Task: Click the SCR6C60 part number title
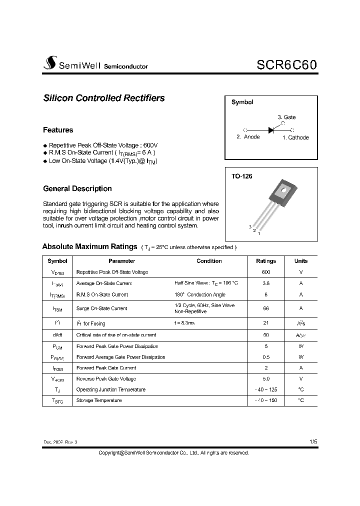coord(286,65)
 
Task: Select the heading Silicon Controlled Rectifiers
coord(104,98)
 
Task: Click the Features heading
coord(58,130)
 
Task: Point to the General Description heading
coord(77,188)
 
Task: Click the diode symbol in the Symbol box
coord(271,129)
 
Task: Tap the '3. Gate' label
coord(286,117)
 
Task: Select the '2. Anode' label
coord(248,137)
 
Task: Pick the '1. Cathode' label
coord(295,137)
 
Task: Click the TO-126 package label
coord(242,176)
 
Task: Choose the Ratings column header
coord(266,261)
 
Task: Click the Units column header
coord(301,261)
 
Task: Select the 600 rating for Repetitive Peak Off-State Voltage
coord(266,272)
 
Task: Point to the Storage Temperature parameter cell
coord(99,400)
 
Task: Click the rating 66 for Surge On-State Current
coord(266,308)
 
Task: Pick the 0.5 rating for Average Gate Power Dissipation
coord(266,357)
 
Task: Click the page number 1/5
coord(313,442)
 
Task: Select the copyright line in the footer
coord(173,452)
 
